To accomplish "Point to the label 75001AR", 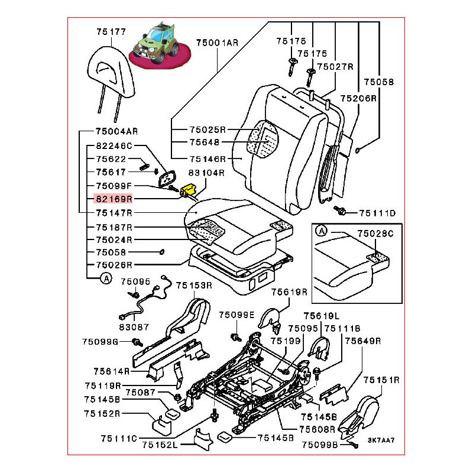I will (x=217, y=43).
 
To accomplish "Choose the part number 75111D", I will (x=377, y=212).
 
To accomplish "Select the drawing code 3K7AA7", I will (x=380, y=440).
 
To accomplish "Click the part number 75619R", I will (x=289, y=292).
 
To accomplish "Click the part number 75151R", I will (x=381, y=380).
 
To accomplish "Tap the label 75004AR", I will (x=116, y=131).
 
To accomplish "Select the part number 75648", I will (x=204, y=142).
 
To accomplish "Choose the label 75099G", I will (x=101, y=342).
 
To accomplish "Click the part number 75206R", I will (x=359, y=99).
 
